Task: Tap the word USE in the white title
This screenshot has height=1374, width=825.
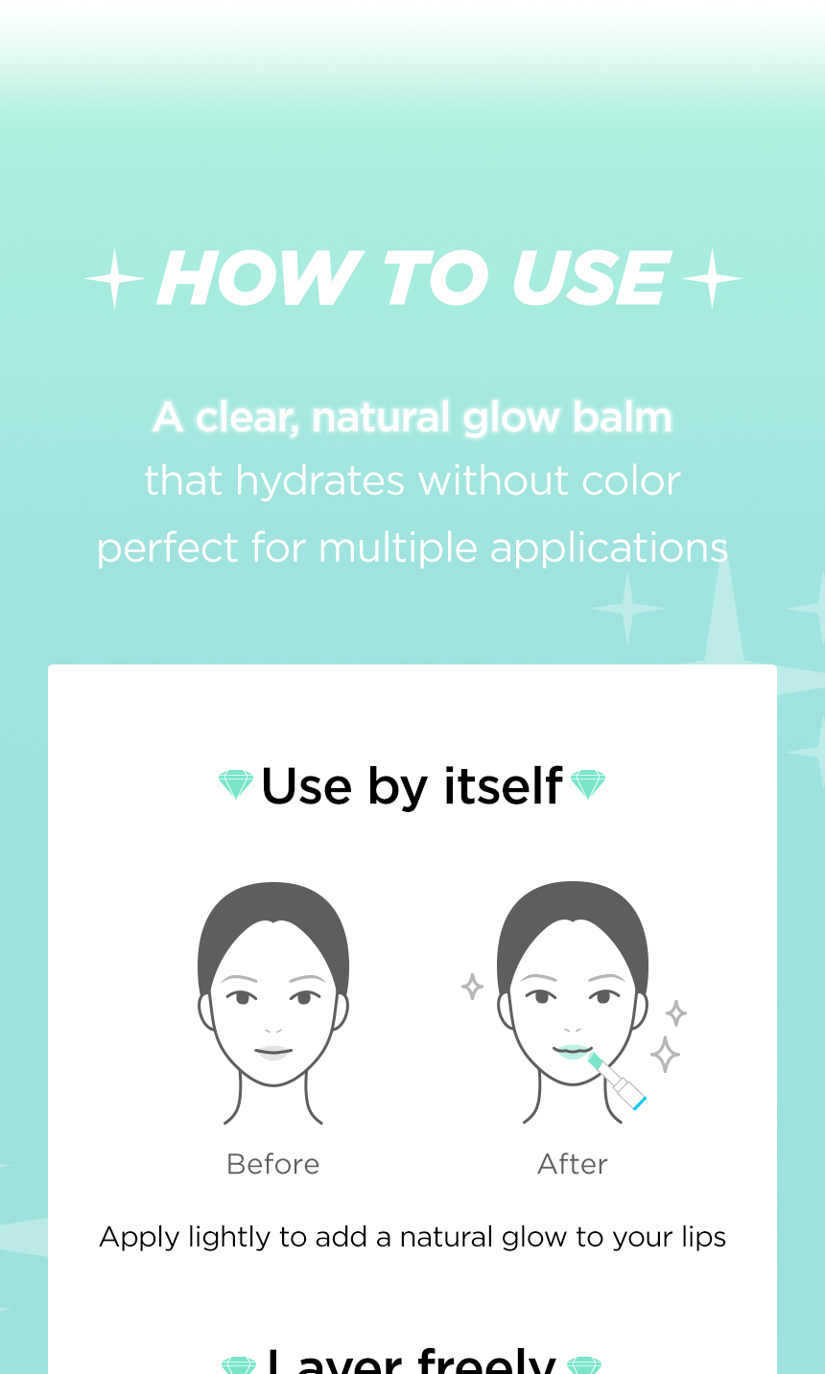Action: tap(590, 279)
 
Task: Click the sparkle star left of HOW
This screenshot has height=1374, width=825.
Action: tap(115, 279)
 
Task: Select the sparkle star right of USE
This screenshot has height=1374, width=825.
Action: tap(712, 279)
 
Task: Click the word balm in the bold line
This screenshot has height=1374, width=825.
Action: tap(622, 418)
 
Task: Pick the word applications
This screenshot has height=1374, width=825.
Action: tap(609, 548)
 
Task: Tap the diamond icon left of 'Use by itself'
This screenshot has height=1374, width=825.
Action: tap(236, 784)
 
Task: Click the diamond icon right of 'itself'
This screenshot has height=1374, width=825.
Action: tap(588, 784)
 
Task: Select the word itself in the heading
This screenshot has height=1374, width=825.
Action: tap(503, 787)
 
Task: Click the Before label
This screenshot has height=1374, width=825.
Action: tap(272, 1164)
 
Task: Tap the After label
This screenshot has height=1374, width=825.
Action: tap(573, 1164)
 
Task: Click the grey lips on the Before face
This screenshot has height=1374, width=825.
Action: tap(272, 1052)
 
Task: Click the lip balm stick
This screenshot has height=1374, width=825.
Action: tap(619, 1082)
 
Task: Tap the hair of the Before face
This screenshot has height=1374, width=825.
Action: tap(272, 911)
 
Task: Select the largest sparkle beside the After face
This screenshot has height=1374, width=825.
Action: tap(665, 1054)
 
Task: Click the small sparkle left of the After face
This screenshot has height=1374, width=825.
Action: tap(472, 987)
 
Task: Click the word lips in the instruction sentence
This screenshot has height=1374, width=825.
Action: tap(703, 1238)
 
